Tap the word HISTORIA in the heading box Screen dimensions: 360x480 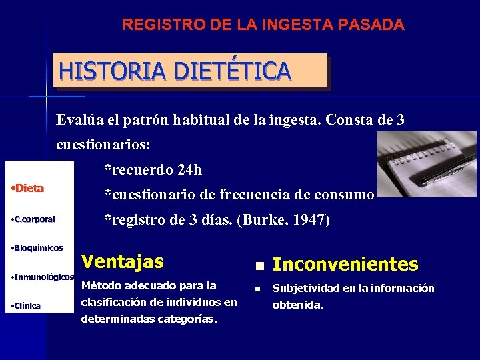(99, 71)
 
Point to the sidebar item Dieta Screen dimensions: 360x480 (29, 189)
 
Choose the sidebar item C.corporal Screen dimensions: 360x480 (35, 219)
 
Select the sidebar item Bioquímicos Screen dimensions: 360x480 (39, 248)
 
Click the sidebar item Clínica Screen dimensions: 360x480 (27, 306)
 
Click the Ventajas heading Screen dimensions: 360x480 (122, 262)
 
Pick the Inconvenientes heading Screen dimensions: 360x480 (345, 265)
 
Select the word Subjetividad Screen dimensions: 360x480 (307, 289)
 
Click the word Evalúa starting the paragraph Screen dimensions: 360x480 (79, 121)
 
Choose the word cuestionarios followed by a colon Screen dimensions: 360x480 (100, 145)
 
